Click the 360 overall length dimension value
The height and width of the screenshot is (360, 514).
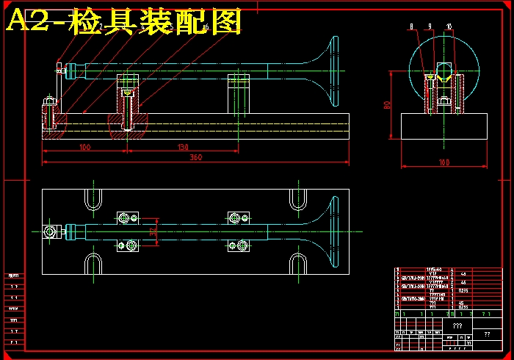[196, 157]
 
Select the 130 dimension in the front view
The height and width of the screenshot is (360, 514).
[184, 147]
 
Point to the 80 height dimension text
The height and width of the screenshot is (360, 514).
[387, 105]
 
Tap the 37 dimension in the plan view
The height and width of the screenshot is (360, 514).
[153, 231]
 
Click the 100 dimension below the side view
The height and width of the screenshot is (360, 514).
[444, 162]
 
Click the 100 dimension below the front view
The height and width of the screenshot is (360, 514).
[84, 147]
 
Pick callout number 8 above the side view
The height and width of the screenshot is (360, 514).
[412, 26]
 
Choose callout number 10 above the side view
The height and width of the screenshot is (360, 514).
[449, 26]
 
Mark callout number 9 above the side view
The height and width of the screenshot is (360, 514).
[430, 26]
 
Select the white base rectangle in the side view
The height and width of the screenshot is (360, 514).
[444, 126]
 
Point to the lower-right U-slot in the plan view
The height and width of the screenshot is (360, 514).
[297, 264]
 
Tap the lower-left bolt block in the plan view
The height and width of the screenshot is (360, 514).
[128, 245]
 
